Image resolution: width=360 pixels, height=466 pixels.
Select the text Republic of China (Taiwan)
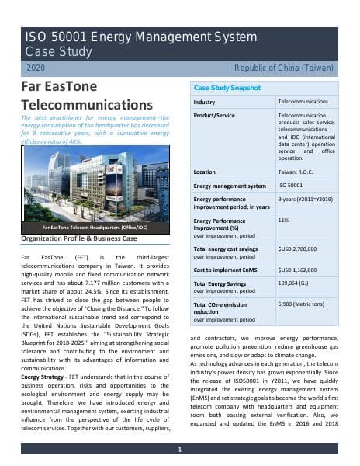287,68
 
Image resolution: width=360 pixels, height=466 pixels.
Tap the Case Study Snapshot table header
227,89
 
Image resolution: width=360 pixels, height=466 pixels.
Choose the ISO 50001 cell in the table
290,186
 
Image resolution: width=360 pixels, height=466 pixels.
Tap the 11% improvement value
283,221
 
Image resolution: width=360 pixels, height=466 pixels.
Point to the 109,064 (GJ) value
295,284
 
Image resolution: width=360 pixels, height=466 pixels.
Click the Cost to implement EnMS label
226,270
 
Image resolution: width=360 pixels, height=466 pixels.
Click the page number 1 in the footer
179,450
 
